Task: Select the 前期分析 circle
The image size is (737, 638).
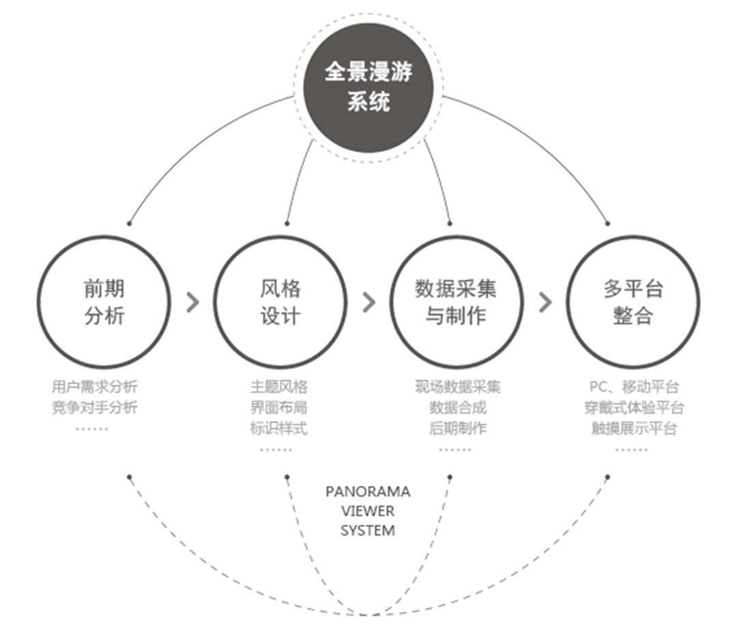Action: click(x=104, y=302)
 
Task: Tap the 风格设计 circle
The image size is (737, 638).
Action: click(x=280, y=302)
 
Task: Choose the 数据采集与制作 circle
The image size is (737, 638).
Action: click(x=456, y=302)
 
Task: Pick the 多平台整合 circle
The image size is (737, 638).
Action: click(x=633, y=302)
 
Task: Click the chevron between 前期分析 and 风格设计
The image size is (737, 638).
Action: click(x=193, y=302)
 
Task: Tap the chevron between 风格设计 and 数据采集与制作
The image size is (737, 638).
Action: click(x=369, y=302)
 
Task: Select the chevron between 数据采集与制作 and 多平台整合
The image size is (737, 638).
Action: click(x=545, y=302)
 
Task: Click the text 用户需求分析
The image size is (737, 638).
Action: click(x=94, y=387)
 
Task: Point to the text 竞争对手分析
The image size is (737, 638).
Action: click(x=94, y=408)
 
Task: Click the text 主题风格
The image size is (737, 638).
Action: click(x=278, y=387)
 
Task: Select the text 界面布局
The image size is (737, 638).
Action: click(x=278, y=408)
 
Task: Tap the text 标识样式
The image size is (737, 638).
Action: click(x=278, y=429)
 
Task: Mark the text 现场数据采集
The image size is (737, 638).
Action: click(x=457, y=387)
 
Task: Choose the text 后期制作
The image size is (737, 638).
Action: click(x=457, y=429)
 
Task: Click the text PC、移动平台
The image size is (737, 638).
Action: click(x=634, y=387)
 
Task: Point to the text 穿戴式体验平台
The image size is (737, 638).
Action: click(x=634, y=408)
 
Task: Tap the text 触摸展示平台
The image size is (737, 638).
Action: click(x=634, y=429)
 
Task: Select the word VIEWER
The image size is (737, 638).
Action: click(x=368, y=511)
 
